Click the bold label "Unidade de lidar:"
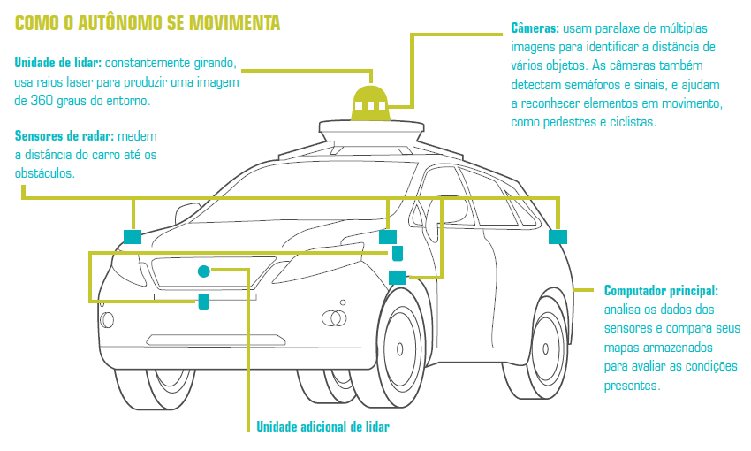[58, 64]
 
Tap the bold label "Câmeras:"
[539, 27]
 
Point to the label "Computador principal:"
[661, 290]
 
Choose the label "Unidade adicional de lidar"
[322, 427]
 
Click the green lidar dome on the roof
[370, 105]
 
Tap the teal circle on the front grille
[204, 271]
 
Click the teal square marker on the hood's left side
[133, 236]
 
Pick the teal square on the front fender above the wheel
[397, 277]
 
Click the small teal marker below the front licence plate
[203, 302]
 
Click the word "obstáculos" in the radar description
[44, 173]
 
